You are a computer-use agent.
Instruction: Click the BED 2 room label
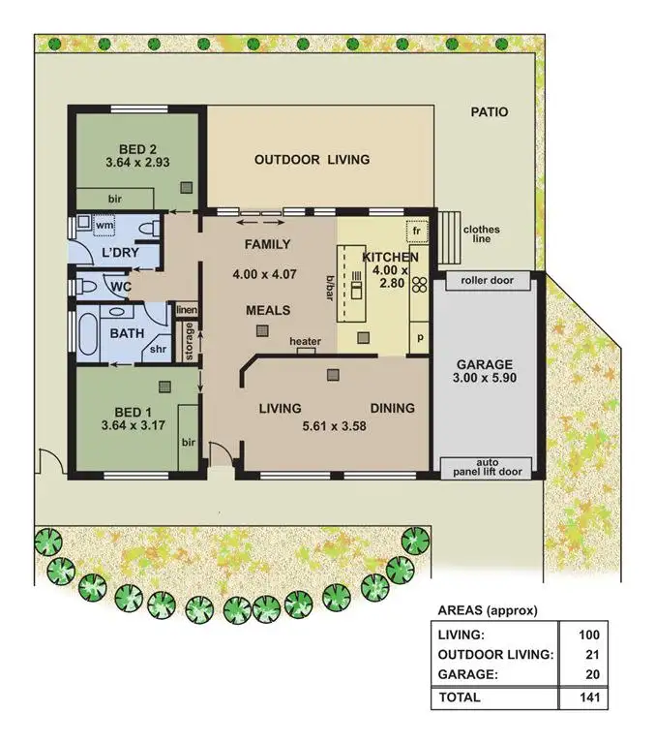(x=136, y=148)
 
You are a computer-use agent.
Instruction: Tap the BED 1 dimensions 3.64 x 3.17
(x=136, y=424)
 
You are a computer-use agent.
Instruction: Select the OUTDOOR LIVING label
(x=312, y=159)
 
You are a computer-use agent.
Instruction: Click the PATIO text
(x=489, y=112)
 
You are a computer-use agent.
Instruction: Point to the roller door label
(x=488, y=281)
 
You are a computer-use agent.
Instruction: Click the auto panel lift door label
(x=488, y=468)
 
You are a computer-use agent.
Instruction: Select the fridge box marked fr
(x=418, y=232)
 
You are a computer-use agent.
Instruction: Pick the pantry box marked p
(x=420, y=339)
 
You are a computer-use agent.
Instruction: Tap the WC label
(x=120, y=288)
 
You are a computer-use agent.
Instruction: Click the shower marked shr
(x=158, y=351)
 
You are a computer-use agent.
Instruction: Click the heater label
(x=305, y=342)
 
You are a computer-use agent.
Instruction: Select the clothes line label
(x=481, y=235)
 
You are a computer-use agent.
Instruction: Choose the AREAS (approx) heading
(x=487, y=610)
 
